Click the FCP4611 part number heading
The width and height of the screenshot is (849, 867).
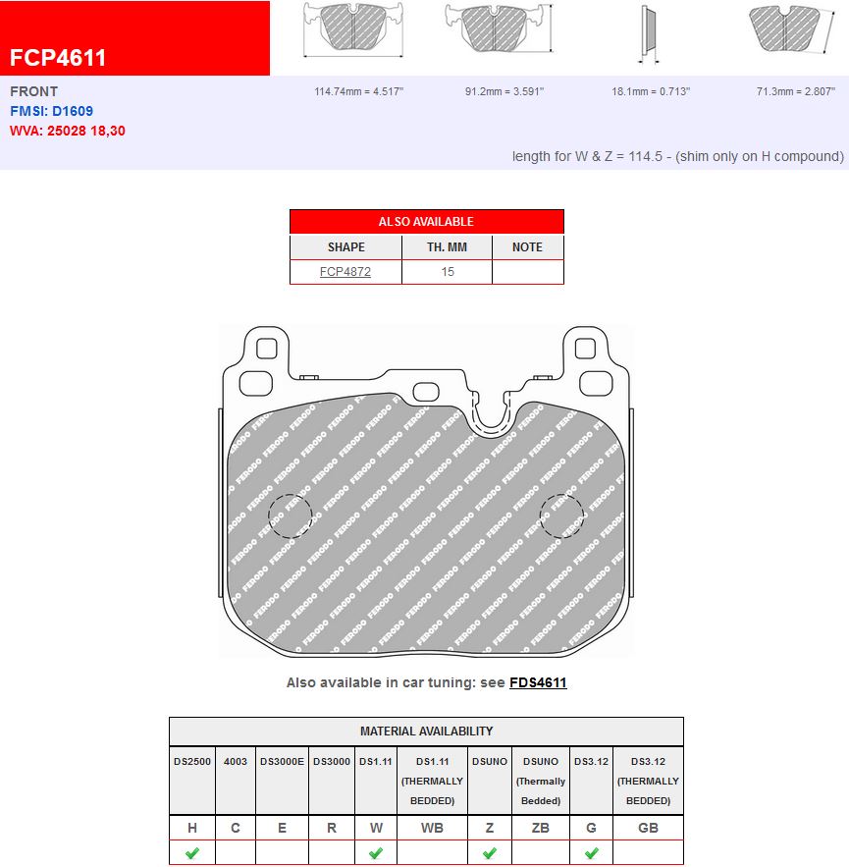tap(58, 57)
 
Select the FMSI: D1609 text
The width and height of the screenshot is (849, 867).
tap(52, 111)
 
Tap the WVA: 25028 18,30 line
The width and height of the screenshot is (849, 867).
tap(68, 130)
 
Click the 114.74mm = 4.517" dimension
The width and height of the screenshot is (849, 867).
tap(359, 91)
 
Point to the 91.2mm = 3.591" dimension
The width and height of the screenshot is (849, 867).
tap(504, 91)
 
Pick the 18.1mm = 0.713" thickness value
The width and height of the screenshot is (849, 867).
tap(651, 91)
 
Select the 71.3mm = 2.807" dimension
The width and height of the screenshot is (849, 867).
tap(796, 91)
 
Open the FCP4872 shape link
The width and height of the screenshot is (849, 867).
tap(345, 272)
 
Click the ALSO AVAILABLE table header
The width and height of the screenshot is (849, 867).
tap(426, 222)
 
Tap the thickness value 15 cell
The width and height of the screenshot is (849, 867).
tap(448, 272)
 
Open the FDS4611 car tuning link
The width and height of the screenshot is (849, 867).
tap(538, 682)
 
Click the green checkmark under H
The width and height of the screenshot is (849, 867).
tap(192, 853)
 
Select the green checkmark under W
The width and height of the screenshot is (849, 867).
tap(376, 853)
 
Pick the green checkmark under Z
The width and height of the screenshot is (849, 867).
tap(490, 853)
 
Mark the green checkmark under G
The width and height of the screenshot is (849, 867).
tap(591, 853)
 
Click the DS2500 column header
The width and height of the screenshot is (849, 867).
tap(192, 761)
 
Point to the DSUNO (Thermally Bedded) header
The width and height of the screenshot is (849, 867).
tap(541, 781)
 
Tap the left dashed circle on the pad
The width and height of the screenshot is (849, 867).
tap(291, 515)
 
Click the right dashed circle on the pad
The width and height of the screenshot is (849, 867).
tap(561, 515)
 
